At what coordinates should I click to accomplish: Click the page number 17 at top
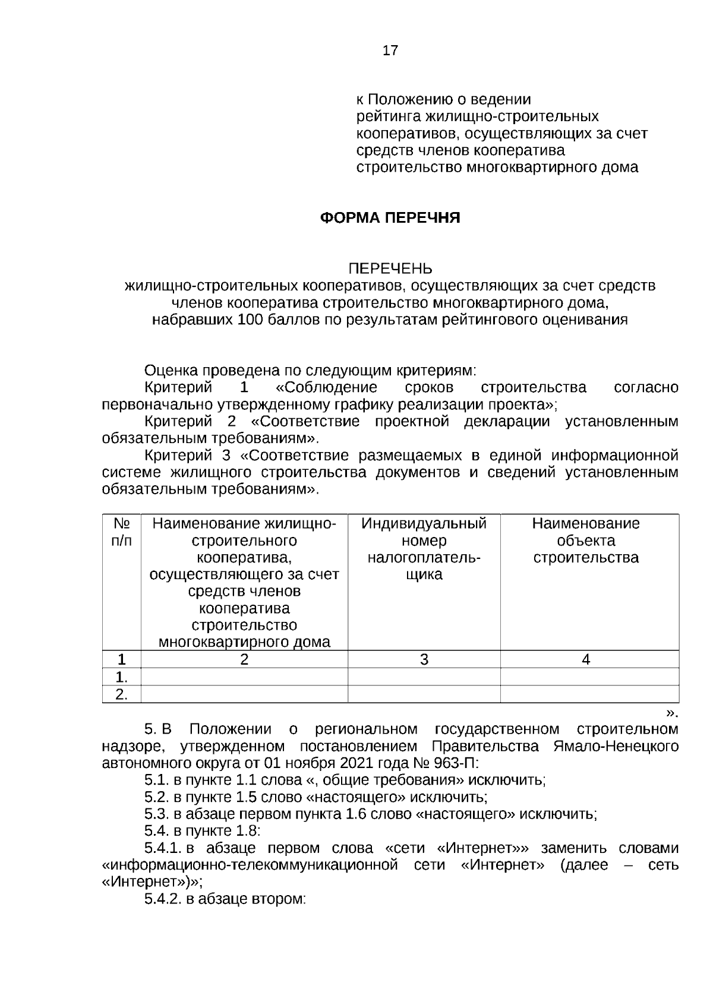[x=390, y=50]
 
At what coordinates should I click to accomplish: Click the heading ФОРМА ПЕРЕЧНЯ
[x=390, y=218]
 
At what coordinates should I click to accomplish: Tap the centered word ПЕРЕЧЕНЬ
[x=390, y=269]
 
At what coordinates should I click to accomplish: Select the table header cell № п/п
[x=122, y=532]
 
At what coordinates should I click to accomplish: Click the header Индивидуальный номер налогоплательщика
[x=424, y=549]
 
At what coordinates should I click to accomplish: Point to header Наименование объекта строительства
[x=586, y=541]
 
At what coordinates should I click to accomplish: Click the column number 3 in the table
[x=424, y=660]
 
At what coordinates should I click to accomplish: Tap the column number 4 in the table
[x=586, y=660]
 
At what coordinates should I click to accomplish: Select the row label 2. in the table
[x=121, y=694]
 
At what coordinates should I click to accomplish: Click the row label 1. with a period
[x=121, y=677]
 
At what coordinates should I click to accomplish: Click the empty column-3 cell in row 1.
[x=424, y=677]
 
